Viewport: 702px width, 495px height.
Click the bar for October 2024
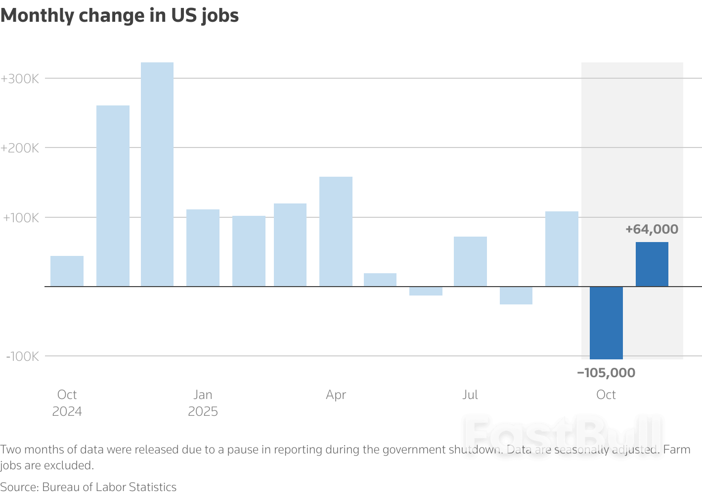pos(67,271)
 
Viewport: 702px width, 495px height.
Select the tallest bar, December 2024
pos(157,174)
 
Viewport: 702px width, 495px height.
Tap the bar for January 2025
pos(203,248)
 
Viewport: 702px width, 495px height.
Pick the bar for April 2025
pos(336,232)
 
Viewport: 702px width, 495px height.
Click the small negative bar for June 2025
pos(426,291)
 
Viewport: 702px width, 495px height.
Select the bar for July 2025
pos(470,261)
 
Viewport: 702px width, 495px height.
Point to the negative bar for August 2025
pos(516,296)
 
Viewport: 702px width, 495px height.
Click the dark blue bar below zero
pos(606,323)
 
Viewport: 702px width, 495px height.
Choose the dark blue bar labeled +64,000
pos(652,264)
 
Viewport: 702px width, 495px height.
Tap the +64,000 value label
pos(652,229)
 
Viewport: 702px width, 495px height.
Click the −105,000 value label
pos(606,373)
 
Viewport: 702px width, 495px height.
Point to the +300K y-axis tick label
pos(20,79)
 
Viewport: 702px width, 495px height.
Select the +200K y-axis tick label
pos(20,148)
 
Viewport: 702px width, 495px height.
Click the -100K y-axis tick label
pos(22,356)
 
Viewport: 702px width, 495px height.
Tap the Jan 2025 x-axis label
pos(203,403)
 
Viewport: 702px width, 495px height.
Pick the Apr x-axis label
pos(336,395)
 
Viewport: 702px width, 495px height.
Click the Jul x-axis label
pos(470,395)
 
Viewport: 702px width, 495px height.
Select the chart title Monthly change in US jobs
pos(120,16)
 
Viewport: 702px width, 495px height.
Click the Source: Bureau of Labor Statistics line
pos(88,487)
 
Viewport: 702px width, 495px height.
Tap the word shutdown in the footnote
pos(475,450)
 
